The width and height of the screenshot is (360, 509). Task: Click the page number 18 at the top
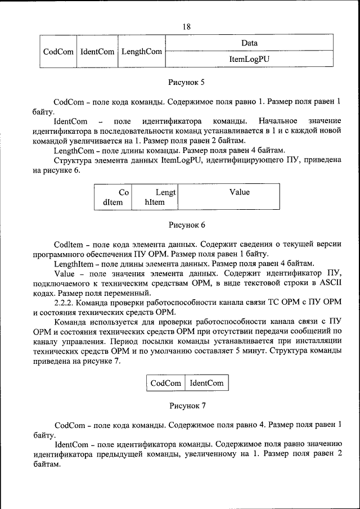[x=186, y=27]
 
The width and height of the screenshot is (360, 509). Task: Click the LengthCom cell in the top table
[x=142, y=51]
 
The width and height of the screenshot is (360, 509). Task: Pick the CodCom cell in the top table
[x=58, y=51]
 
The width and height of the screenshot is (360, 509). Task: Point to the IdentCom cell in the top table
[x=97, y=51]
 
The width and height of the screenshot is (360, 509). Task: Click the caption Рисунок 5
[x=187, y=82]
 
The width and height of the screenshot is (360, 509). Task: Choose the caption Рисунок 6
[x=187, y=225]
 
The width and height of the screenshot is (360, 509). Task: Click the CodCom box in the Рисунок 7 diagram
[x=165, y=383]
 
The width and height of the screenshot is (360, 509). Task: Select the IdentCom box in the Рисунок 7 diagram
[x=206, y=383]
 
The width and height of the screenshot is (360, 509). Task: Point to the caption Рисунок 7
[x=187, y=405]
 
